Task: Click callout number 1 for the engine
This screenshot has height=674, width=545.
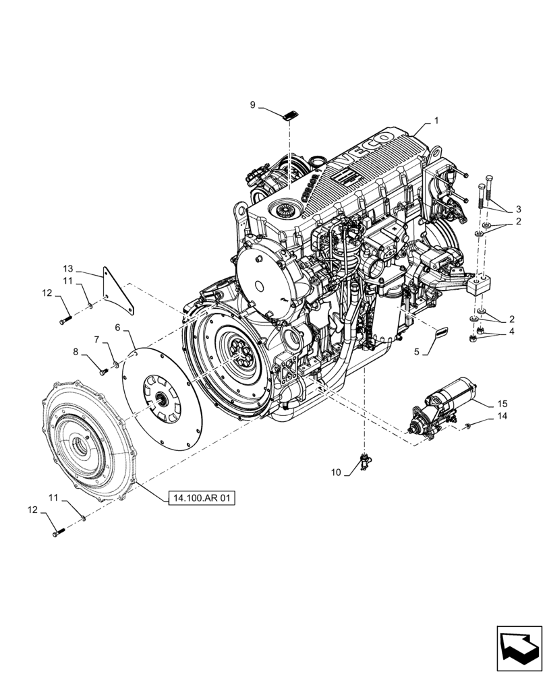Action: click(x=436, y=121)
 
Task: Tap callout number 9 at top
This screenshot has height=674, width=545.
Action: click(x=253, y=105)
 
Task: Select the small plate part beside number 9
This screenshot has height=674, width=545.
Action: click(x=291, y=115)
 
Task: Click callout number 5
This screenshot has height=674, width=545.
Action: click(x=416, y=351)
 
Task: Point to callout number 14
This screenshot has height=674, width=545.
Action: click(x=500, y=417)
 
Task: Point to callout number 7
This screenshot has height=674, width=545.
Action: click(x=97, y=339)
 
